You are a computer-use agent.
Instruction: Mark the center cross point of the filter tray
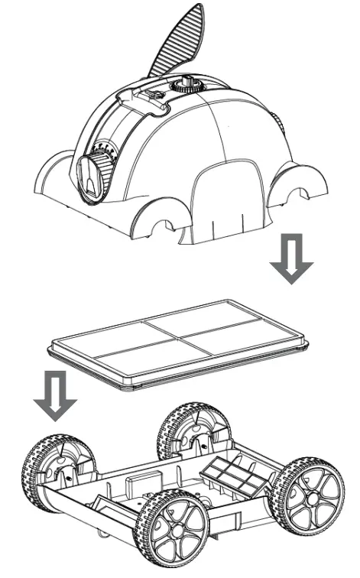pos(179,339)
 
